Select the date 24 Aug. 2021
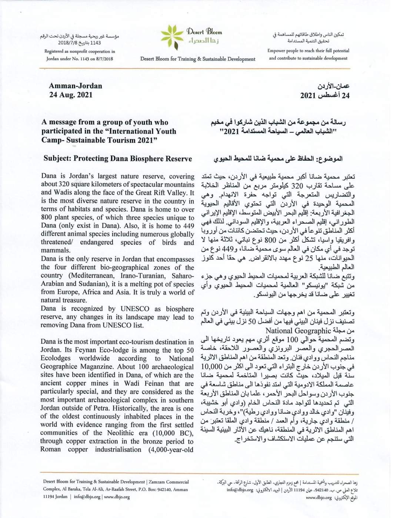pyautogui.click(x=71, y=95)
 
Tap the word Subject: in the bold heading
pyautogui.click(x=57, y=159)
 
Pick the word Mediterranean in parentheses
pyautogui.click(x=86, y=276)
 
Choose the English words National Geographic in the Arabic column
pyautogui.click(x=297, y=331)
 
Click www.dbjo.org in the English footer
pyautogui.click(x=117, y=497)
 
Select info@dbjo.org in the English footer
pyautogui.click(x=87, y=497)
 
